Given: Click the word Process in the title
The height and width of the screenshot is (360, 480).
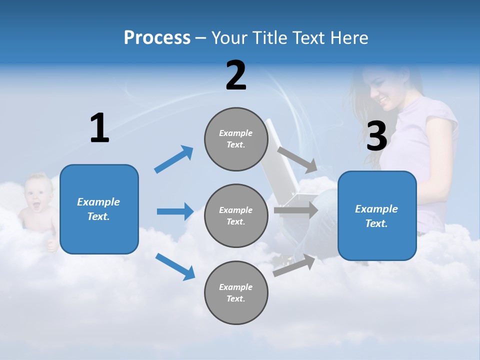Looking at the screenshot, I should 157,37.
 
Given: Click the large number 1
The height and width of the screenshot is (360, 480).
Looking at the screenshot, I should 99,128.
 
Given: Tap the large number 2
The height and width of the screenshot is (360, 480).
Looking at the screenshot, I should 236,75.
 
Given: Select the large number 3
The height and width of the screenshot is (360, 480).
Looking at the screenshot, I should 377,136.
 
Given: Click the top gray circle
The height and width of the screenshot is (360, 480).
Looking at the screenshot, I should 236,139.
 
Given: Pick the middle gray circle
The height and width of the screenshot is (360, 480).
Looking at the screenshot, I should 236,215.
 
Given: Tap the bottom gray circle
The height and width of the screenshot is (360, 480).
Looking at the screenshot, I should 236,292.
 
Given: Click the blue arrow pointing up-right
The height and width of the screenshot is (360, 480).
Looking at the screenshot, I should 173,159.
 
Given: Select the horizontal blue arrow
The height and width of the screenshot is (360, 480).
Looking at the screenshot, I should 175,211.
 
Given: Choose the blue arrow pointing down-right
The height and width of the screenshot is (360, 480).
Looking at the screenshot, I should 175,266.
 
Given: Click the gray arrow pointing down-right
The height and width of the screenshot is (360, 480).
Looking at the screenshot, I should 297,159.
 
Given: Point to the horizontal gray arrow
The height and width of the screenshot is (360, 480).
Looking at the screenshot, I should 295,210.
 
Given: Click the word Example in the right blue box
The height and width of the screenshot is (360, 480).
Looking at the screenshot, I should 376,209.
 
